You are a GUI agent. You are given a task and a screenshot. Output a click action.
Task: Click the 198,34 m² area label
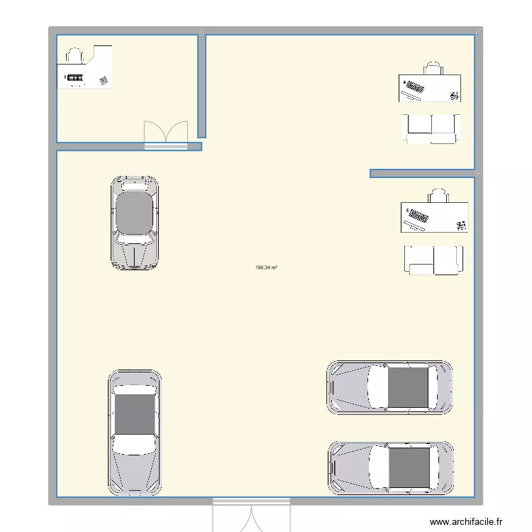pos(266,267)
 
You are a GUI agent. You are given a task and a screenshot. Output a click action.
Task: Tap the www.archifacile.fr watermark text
pos(466,521)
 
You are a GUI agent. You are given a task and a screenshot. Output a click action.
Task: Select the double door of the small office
pos(166,135)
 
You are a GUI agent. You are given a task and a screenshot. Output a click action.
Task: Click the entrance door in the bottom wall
pos(251,515)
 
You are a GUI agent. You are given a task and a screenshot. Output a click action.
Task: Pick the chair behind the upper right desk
pos(433,68)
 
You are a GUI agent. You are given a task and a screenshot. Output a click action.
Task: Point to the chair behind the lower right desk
pos(438,196)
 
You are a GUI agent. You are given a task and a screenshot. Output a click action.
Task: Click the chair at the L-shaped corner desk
pos(74,55)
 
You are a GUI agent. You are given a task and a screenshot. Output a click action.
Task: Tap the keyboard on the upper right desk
pos(415,87)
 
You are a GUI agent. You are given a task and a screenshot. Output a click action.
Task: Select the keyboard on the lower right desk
pos(418,216)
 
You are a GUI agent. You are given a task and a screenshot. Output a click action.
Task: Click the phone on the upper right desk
pos(454,96)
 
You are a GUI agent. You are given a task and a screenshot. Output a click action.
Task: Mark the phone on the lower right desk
pos(461,226)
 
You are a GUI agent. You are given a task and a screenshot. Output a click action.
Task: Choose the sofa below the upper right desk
pos(431,129)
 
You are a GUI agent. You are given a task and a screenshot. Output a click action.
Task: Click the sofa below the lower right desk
pos(433,260)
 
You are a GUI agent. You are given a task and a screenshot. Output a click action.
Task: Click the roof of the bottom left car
pos(135,414)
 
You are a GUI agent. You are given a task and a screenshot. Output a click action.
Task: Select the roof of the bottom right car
pos(409,469)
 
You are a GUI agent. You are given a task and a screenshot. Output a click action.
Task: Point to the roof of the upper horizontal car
pos(408,387)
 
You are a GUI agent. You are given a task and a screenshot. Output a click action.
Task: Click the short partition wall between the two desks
pos(422,173)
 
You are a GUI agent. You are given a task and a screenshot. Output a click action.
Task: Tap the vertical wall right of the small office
pos(202,86)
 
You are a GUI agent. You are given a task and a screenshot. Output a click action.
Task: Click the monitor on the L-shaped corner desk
pos(74,78)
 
